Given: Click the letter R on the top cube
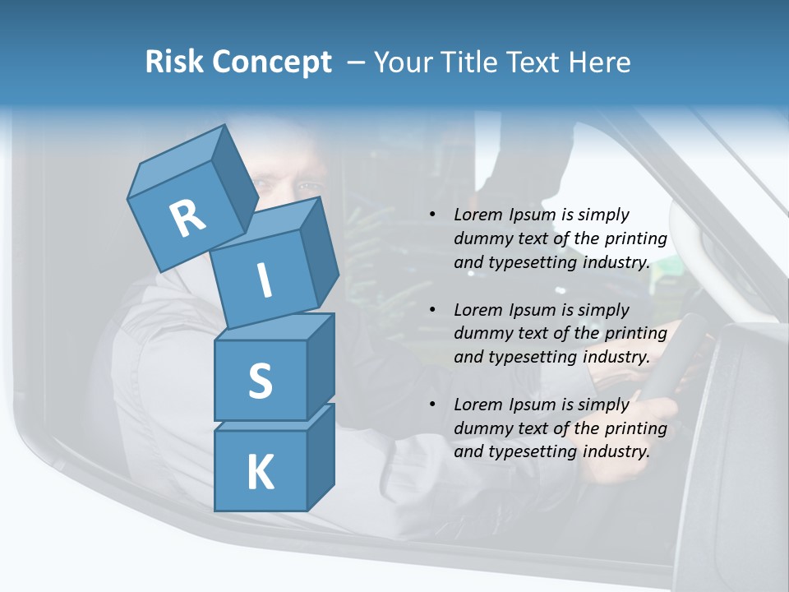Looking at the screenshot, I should (187, 219).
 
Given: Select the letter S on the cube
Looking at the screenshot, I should (260, 382).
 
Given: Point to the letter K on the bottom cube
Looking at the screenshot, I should (260, 473).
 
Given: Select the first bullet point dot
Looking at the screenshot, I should (432, 215).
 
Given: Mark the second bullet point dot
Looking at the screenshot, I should (432, 310).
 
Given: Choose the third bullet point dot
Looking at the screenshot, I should (432, 405).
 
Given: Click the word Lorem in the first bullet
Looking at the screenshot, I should (478, 215).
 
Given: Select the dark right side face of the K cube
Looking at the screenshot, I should (321, 456).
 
